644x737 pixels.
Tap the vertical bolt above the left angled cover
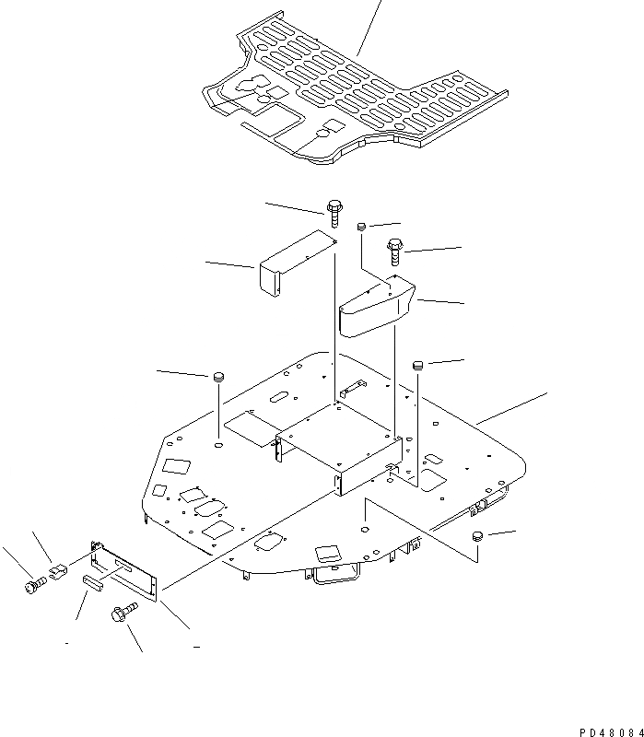(x=333, y=213)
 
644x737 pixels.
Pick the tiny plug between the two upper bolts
(x=362, y=225)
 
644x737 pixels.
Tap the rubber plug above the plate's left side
(x=219, y=376)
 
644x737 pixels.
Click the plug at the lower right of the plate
(x=477, y=537)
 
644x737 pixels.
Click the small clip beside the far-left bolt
(x=57, y=573)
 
